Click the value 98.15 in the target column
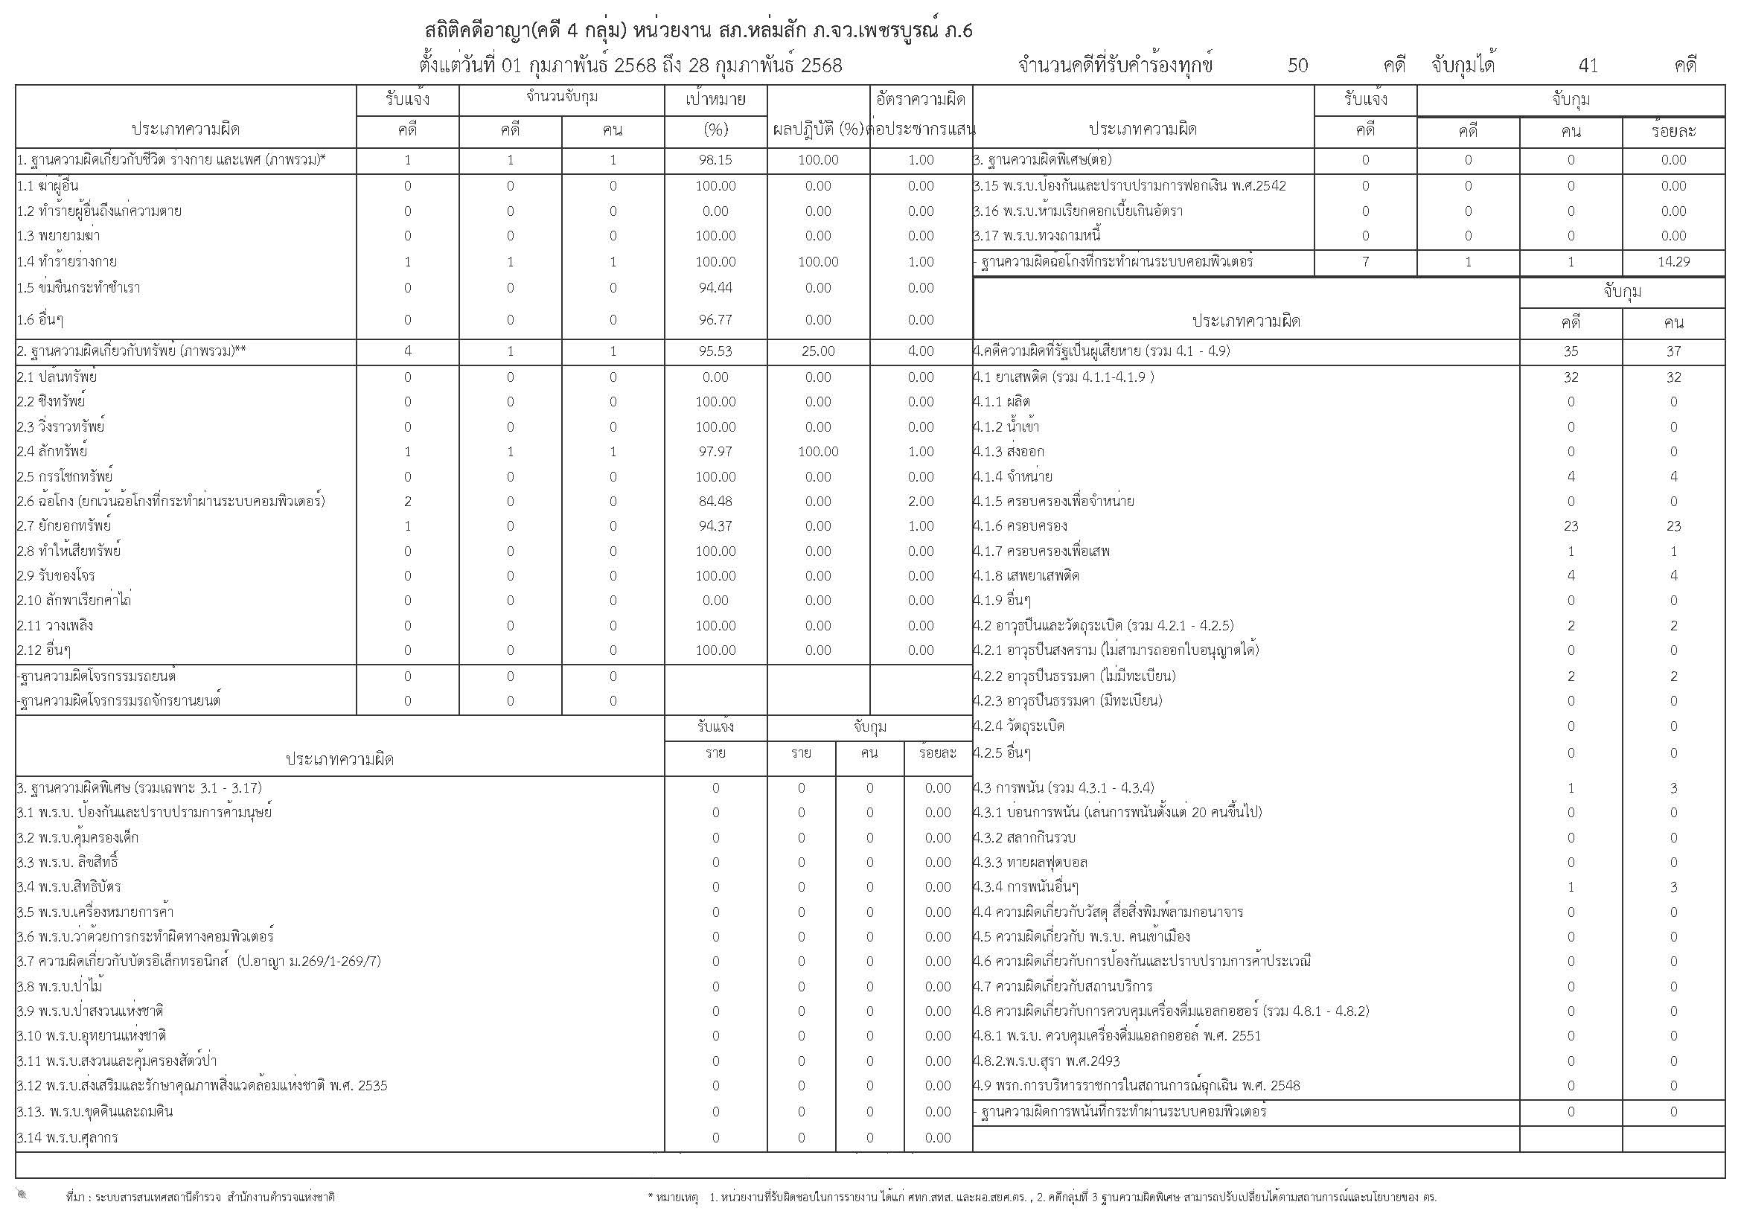pyautogui.click(x=715, y=160)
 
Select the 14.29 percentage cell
pyautogui.click(x=1673, y=261)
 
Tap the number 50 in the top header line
pyautogui.click(x=1297, y=66)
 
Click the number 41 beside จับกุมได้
pyautogui.click(x=1588, y=66)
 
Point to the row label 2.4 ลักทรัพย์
pyautogui.click(x=52, y=452)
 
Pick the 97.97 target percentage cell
pyautogui.click(x=715, y=452)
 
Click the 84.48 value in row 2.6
pyautogui.click(x=715, y=501)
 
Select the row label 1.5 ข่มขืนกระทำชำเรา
pyautogui.click(x=78, y=288)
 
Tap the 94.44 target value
pyautogui.click(x=715, y=288)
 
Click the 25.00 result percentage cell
pyautogui.click(x=817, y=351)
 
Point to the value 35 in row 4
pyautogui.click(x=1571, y=351)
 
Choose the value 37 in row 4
pyautogui.click(x=1673, y=351)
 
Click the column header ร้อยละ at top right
pyautogui.click(x=1673, y=131)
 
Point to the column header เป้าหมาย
pyautogui.click(x=715, y=99)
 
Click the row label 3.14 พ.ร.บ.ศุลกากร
pyautogui.click(x=68, y=1137)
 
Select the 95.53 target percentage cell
pyautogui.click(x=715, y=351)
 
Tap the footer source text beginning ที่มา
pyautogui.click(x=200, y=1198)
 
